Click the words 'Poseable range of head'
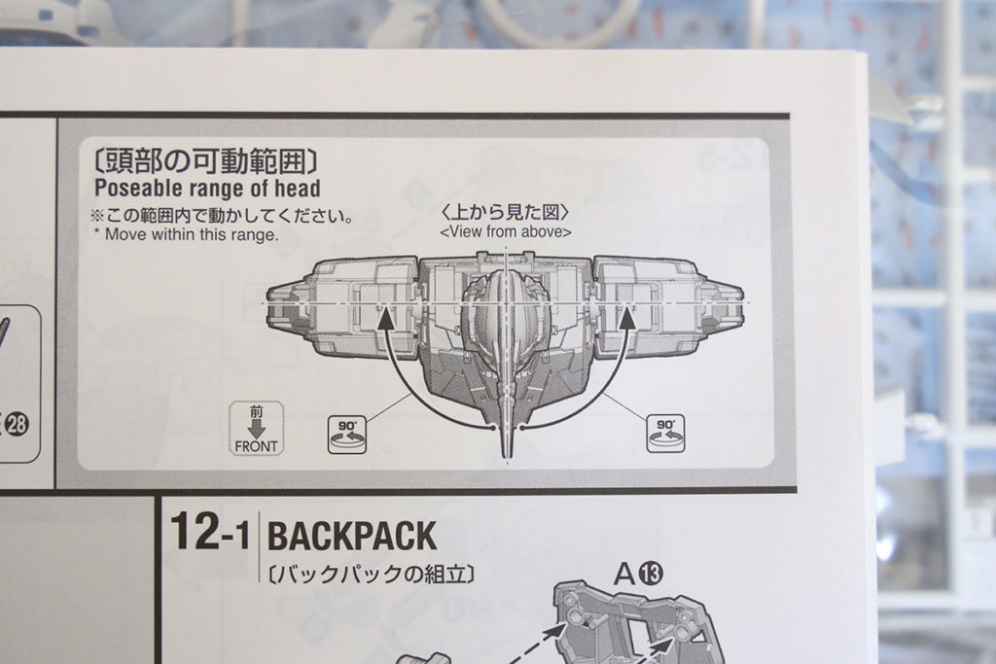(x=207, y=188)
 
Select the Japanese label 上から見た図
(x=505, y=212)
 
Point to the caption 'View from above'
(x=505, y=232)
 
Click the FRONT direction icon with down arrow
(x=256, y=429)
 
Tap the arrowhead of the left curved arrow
(x=386, y=317)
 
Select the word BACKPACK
(x=352, y=536)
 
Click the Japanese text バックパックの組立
(x=371, y=574)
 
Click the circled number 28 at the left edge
(x=18, y=424)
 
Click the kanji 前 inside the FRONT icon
(x=256, y=411)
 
